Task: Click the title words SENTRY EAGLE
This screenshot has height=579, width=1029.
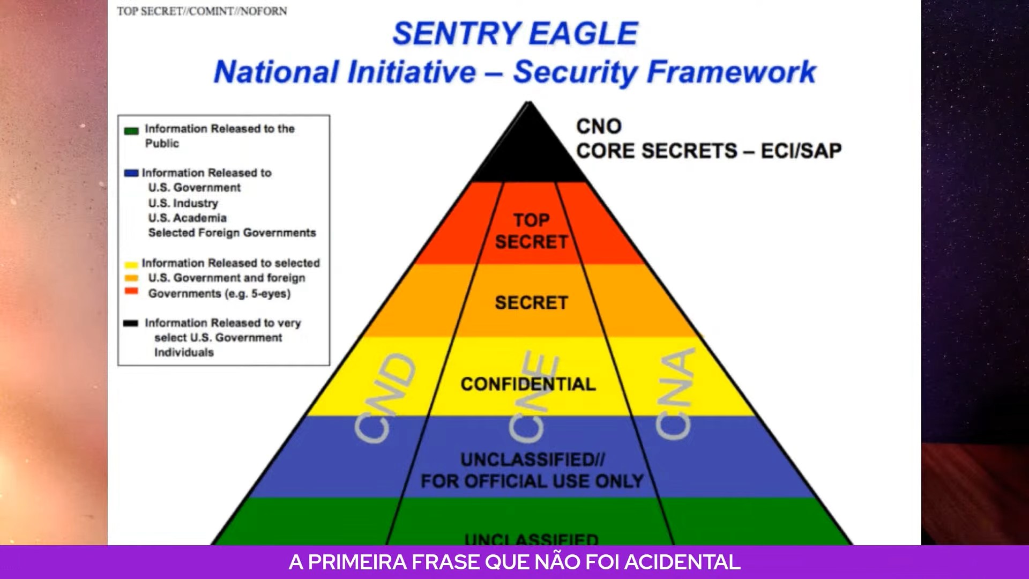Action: [x=515, y=33]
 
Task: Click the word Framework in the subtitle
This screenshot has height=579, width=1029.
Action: [x=731, y=72]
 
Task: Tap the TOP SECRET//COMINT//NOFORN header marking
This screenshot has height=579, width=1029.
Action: [x=202, y=11]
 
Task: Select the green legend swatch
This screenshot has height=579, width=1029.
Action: [x=131, y=130]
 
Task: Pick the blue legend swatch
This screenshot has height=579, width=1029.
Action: [x=131, y=173]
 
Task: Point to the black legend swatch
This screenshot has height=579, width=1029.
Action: [x=131, y=323]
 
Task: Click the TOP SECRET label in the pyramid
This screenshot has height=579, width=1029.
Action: [x=531, y=231]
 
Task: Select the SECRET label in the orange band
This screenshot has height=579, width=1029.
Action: [x=531, y=303]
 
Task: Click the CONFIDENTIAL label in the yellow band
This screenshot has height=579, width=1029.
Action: [x=528, y=384]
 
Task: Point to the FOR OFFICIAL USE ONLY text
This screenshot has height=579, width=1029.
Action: [x=532, y=481]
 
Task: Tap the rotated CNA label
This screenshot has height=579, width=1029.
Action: [x=675, y=394]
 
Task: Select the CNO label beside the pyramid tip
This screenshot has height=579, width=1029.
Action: [x=599, y=127]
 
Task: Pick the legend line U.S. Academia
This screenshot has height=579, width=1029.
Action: [x=188, y=218]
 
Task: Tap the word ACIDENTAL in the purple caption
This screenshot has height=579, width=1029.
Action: [x=682, y=562]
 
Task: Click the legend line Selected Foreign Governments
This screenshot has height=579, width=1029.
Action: [x=232, y=233]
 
